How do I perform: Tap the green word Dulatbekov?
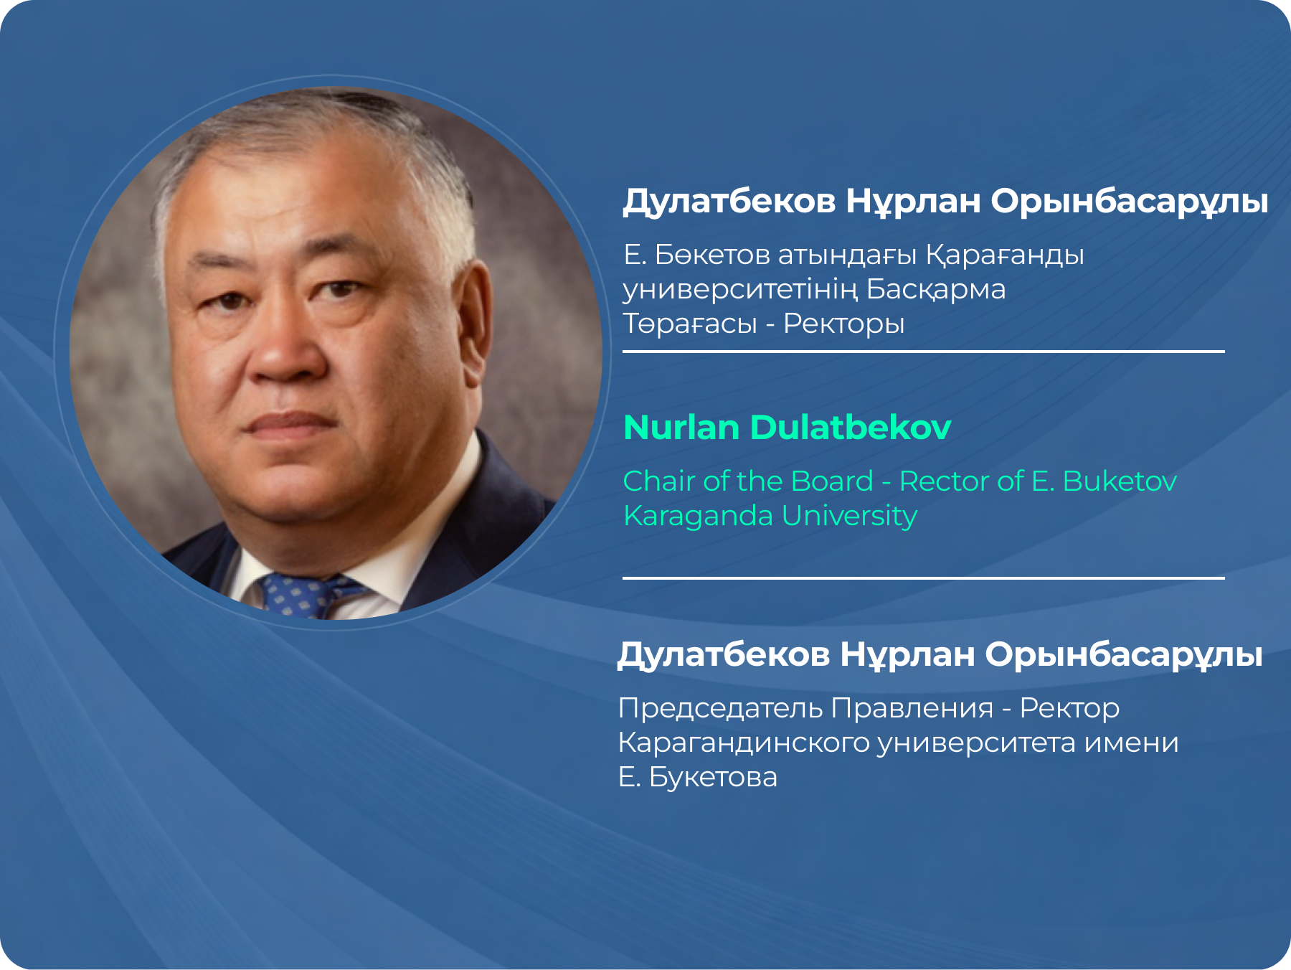[x=851, y=427]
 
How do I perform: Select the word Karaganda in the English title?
[x=699, y=517]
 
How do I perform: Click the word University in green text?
[x=849, y=517]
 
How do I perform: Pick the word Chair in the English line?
[x=659, y=481]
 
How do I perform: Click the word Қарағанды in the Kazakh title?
[x=1005, y=255]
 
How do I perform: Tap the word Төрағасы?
[x=690, y=324]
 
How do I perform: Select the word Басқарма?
[x=935, y=290]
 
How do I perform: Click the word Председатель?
[x=721, y=709]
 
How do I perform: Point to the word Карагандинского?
[x=744, y=743]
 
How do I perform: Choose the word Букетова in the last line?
[x=713, y=778]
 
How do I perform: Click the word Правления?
[x=912, y=709]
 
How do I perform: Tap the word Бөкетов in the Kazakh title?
[x=712, y=255]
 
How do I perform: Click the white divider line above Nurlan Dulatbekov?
[x=923, y=352]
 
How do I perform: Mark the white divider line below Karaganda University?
[x=923, y=578]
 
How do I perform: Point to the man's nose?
[x=283, y=344]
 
